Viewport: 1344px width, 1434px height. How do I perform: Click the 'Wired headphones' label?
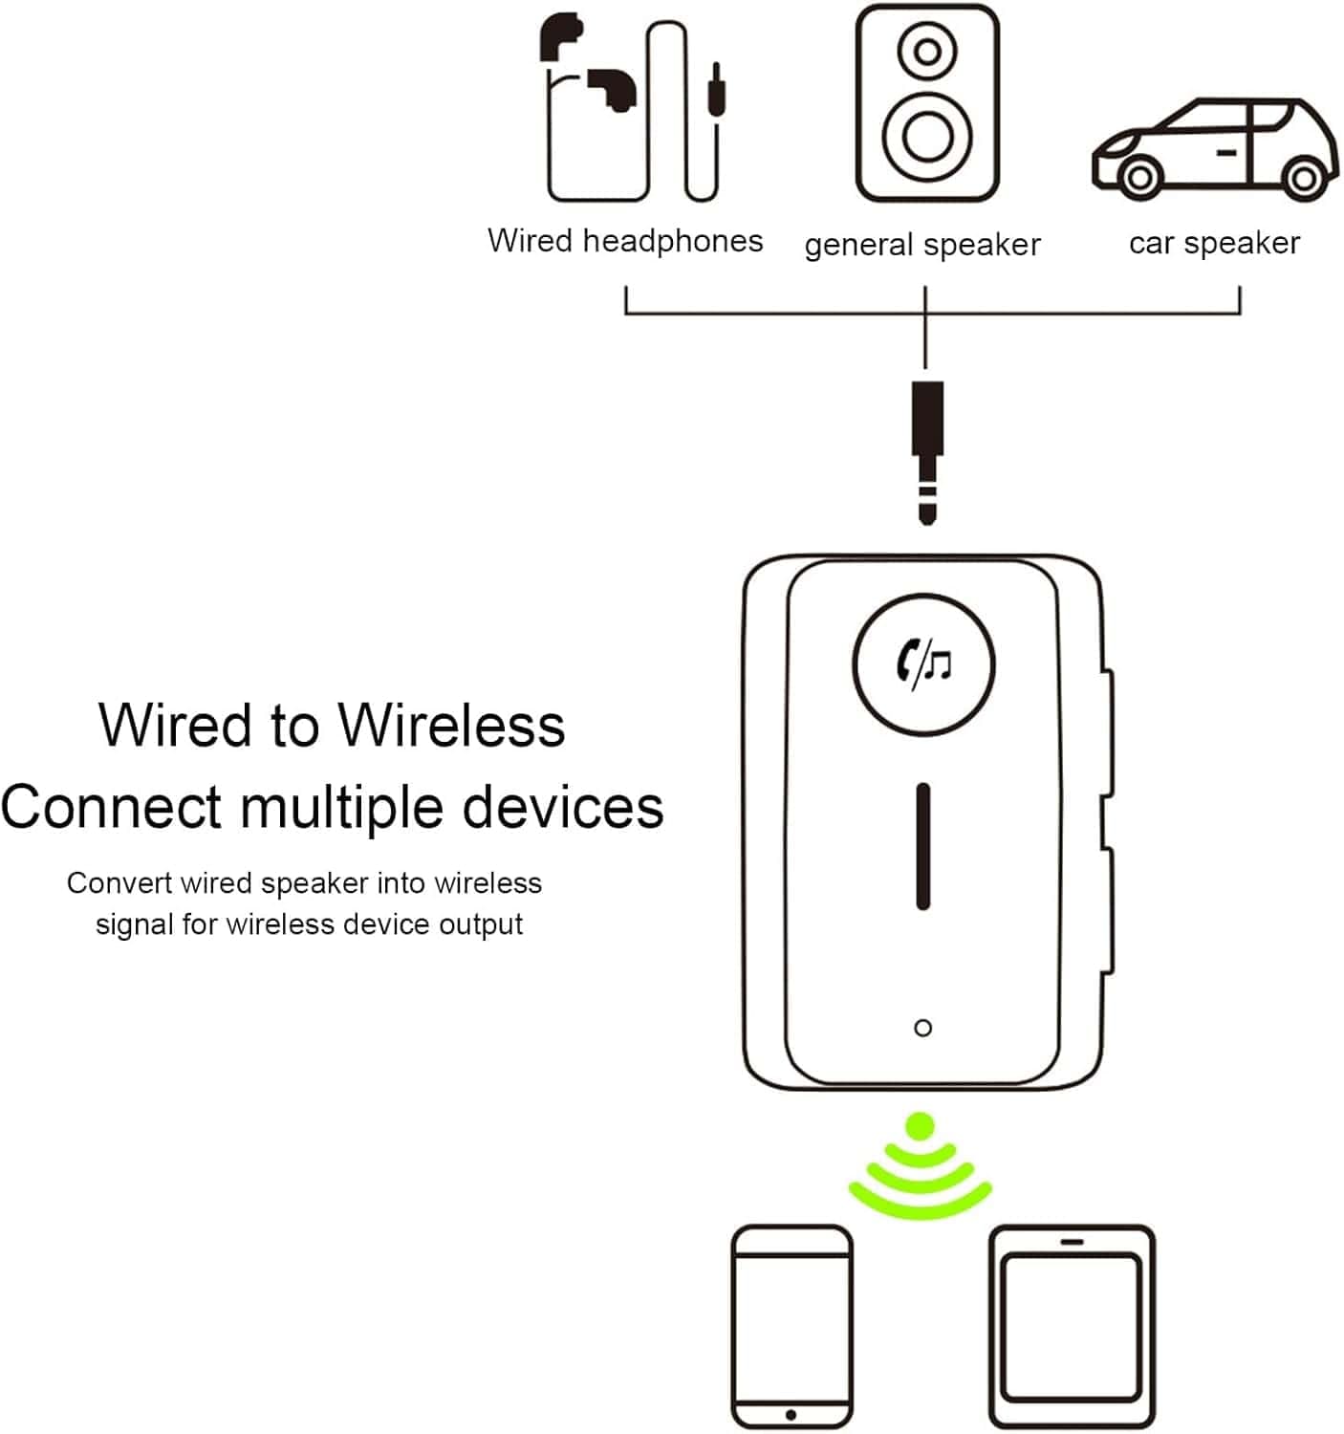(625, 241)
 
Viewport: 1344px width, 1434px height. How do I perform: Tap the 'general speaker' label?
(921, 245)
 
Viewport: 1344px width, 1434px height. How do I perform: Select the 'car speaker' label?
(1214, 243)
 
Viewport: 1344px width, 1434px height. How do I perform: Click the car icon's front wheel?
(1137, 177)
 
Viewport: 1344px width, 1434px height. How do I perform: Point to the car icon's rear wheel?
(1301, 178)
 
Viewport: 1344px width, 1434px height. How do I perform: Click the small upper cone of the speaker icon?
(925, 50)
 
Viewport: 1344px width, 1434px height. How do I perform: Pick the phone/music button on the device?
(922, 663)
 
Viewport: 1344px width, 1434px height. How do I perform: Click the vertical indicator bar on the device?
(922, 845)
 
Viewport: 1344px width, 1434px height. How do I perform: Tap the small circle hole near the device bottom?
(922, 1028)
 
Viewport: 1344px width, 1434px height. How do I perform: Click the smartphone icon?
(791, 1326)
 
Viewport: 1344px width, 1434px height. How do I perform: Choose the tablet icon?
(1072, 1326)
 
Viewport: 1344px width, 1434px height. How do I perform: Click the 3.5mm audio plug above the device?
(926, 449)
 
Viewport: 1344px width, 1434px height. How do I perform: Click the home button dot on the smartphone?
(791, 1414)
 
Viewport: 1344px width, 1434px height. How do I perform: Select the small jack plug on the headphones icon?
(715, 91)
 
